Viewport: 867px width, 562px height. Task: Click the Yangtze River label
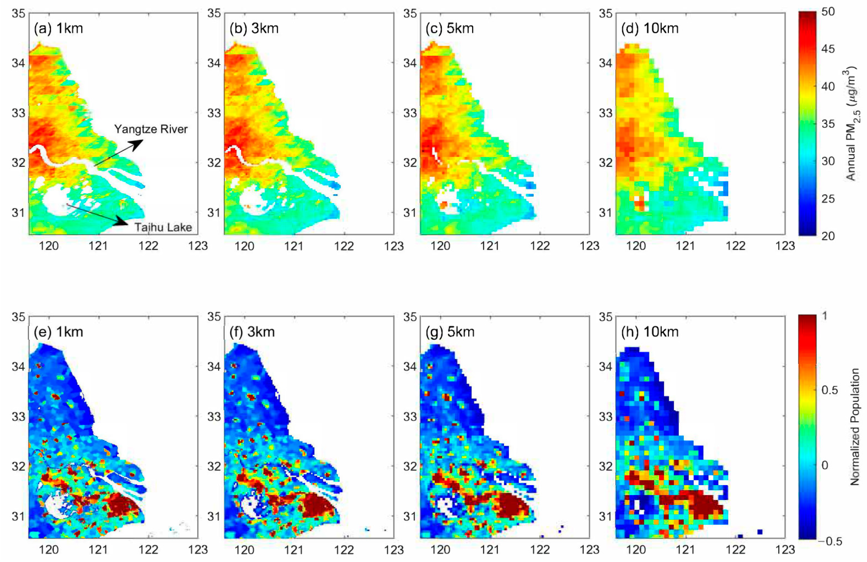pos(151,129)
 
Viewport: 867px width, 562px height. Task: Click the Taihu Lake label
pos(163,227)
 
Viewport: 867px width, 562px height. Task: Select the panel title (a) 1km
pos(58,29)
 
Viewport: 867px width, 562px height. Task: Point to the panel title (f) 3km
pos(252,332)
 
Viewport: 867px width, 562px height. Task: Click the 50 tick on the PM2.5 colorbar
pos(828,12)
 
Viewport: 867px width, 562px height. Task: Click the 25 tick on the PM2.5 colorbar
pos(828,199)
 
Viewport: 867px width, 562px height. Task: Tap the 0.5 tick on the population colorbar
pos(829,390)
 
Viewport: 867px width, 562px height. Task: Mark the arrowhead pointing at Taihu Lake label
pos(122,221)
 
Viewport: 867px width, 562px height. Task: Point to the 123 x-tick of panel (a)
pos(198,246)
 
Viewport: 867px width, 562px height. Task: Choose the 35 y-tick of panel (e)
pos(18,317)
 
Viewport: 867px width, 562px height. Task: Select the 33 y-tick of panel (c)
pos(410,113)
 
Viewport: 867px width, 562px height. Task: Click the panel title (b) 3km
pos(254,29)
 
